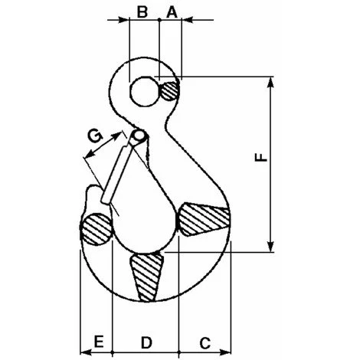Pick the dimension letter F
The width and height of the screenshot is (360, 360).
click(x=260, y=158)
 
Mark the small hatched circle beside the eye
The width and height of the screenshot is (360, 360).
click(x=172, y=90)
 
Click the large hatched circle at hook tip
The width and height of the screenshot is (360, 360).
click(x=97, y=229)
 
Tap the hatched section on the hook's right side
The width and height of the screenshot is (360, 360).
click(x=205, y=220)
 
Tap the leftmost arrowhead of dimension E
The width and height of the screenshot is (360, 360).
click(x=83, y=352)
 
